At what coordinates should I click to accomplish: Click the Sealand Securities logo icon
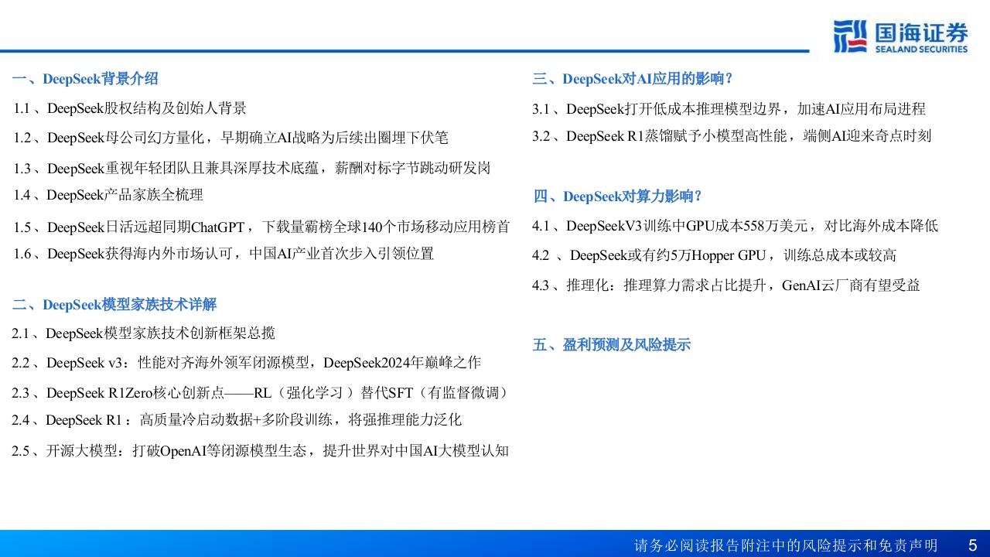coord(850,36)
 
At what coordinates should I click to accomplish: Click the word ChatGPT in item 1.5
coord(218,227)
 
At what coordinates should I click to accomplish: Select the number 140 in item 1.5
coord(371,227)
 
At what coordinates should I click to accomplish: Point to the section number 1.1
coord(22,108)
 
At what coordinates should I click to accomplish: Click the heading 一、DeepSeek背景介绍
coord(85,79)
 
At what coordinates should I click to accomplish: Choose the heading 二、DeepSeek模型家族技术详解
coord(114,305)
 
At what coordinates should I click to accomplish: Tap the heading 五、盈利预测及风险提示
coord(611,345)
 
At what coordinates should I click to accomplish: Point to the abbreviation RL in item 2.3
coord(262,393)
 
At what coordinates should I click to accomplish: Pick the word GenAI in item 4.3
coord(801,285)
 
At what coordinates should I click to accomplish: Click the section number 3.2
coord(541,136)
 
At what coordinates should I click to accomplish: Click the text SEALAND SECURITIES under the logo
coord(921,49)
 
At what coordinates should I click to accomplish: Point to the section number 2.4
coord(20,420)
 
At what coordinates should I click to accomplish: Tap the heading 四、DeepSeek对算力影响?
coord(617,196)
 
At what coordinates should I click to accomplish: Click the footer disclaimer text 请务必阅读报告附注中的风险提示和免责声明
coord(786,545)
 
